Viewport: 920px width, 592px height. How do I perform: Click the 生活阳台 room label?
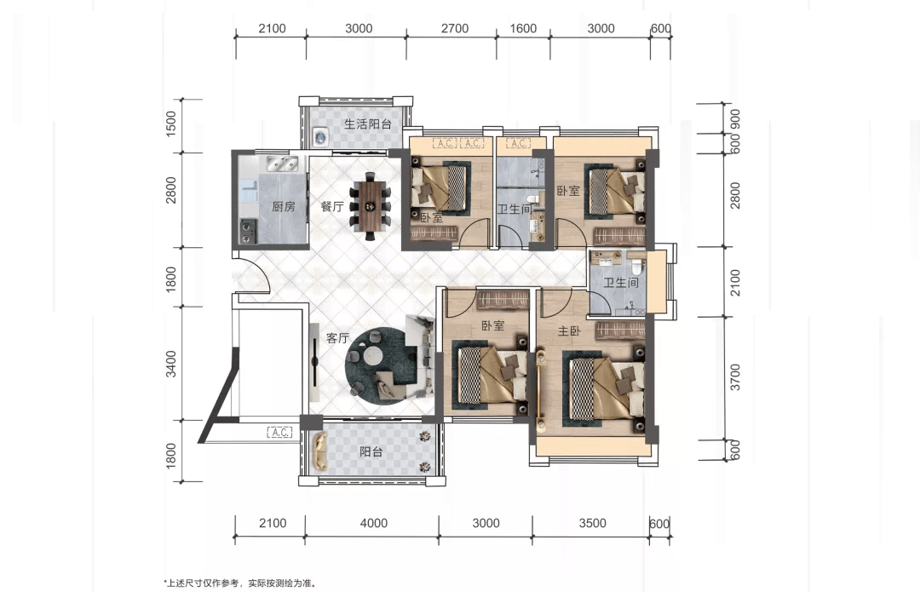[x=367, y=124]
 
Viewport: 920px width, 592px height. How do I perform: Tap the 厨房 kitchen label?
[x=284, y=206]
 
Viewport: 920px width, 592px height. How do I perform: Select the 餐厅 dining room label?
[x=332, y=206]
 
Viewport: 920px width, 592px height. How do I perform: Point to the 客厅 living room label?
[x=337, y=338]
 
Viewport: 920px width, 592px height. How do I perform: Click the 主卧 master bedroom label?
[x=568, y=331]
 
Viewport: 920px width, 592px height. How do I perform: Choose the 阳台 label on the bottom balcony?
[x=371, y=451]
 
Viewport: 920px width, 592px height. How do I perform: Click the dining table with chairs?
[x=371, y=206]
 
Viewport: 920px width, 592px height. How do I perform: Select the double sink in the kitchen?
[x=282, y=163]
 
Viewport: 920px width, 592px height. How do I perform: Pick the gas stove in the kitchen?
[x=248, y=230]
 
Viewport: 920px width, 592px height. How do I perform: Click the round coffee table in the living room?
[x=373, y=355]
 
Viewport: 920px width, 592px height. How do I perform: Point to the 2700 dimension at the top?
[x=455, y=28]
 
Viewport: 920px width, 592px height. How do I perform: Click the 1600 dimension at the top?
[x=523, y=28]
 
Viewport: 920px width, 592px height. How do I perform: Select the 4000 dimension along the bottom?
[x=374, y=523]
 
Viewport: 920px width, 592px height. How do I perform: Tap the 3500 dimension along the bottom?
[x=592, y=523]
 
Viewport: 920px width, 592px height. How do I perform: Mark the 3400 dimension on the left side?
[x=170, y=364]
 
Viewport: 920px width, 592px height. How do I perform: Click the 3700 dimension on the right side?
[x=735, y=377]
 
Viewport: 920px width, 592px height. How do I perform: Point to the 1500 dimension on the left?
[x=170, y=124]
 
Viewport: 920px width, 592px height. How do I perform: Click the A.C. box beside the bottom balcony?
[x=280, y=433]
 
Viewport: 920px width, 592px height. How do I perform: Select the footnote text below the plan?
[x=240, y=583]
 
